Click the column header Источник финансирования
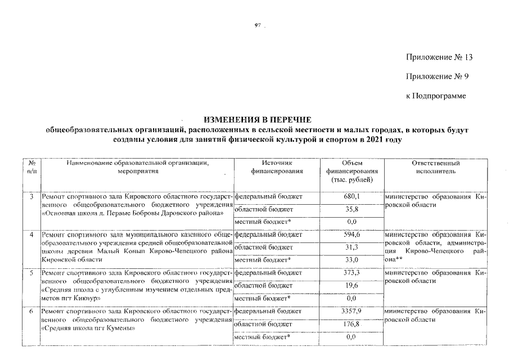pos(277,166)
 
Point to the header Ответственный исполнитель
pos(435,166)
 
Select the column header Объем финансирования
pos(352,170)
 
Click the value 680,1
pos(352,196)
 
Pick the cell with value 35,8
pos(352,209)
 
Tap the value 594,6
pos(352,234)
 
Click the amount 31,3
pos(352,247)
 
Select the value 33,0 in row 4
pos(352,260)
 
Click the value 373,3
pos(352,273)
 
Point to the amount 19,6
pos(352,286)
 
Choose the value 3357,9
pos(352,310)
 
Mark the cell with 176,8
pos(352,323)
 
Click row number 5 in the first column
pos(31,273)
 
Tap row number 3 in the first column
pos(31,196)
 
